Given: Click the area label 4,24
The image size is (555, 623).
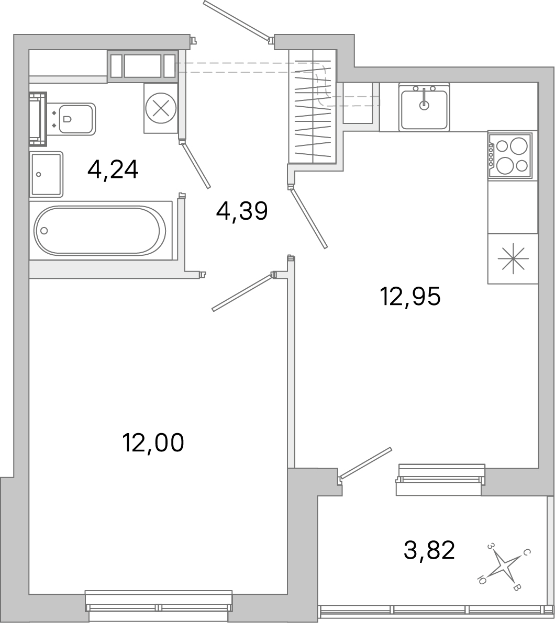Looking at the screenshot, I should click(x=113, y=169).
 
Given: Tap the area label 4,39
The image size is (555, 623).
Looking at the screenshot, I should click(x=242, y=212).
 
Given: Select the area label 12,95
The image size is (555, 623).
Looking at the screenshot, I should click(x=411, y=297).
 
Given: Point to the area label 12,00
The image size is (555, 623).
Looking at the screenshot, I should click(x=153, y=443).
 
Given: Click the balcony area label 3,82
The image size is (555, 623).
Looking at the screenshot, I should click(x=429, y=550).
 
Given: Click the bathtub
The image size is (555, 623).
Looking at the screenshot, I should click(x=100, y=230).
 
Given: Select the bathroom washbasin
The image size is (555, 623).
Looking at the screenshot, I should click(x=46, y=174).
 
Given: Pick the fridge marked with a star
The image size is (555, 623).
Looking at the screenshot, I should click(x=513, y=259).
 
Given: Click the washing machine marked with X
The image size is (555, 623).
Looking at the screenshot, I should click(x=161, y=108).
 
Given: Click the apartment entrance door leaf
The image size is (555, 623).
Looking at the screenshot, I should click(x=237, y=21).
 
